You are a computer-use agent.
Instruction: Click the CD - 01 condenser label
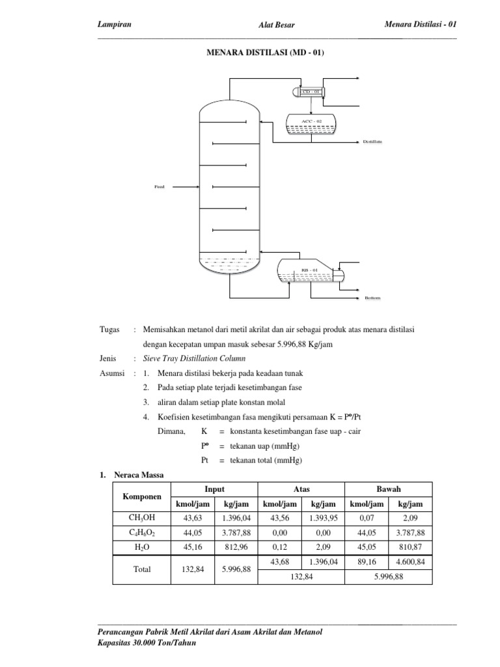point(311,92)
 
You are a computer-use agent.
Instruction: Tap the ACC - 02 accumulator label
point(311,121)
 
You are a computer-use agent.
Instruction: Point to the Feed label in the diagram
point(160,187)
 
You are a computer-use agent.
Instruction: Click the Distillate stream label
point(372,141)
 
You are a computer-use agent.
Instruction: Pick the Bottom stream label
point(372,298)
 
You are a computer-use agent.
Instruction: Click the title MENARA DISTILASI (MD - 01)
point(265,53)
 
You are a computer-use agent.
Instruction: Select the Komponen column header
point(142,496)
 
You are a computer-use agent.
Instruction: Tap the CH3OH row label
point(142,518)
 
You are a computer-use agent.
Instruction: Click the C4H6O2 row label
point(142,532)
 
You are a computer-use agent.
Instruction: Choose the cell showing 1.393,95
point(323,518)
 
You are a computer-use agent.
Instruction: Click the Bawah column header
point(389,489)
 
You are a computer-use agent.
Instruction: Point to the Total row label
point(142,569)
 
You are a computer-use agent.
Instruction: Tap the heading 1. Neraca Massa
point(131,475)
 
